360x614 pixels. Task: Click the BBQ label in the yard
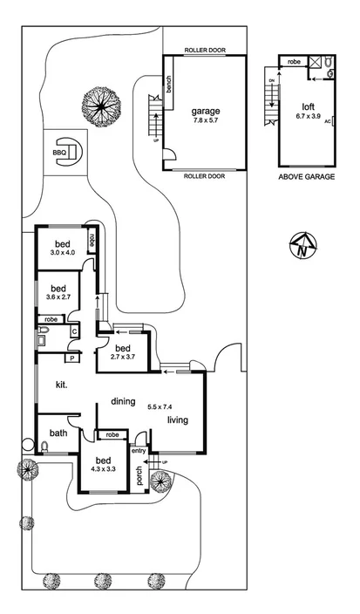59,153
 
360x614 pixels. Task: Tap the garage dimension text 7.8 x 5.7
206,123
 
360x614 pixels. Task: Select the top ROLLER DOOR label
206,51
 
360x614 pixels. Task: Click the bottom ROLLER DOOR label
206,175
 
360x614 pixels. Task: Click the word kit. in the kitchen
62,385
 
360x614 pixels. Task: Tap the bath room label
58,433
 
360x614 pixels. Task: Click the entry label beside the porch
139,451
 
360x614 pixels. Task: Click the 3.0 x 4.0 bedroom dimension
62,254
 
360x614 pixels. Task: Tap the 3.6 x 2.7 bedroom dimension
58,297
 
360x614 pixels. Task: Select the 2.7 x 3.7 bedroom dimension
124,358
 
